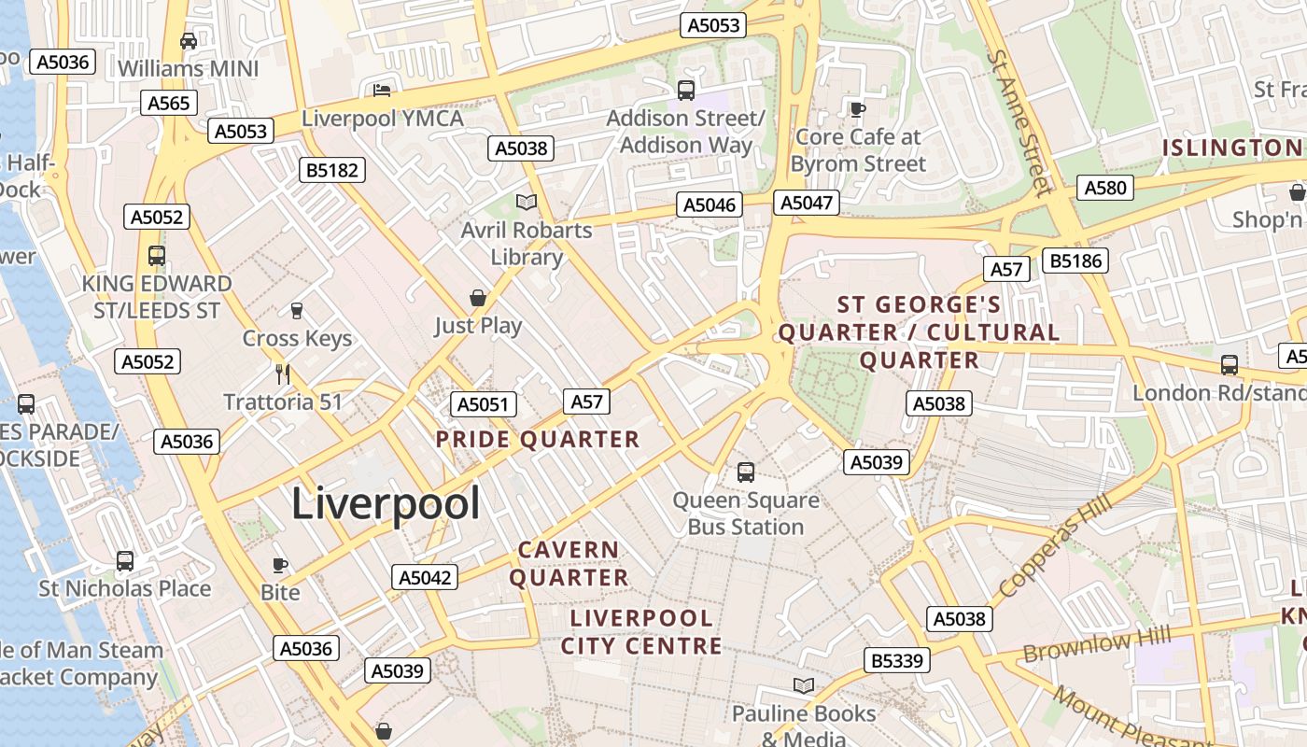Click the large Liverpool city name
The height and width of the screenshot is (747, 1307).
pyautogui.click(x=386, y=504)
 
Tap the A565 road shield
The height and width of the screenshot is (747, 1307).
pyautogui.click(x=169, y=103)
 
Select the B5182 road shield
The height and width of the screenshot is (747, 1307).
pyautogui.click(x=331, y=170)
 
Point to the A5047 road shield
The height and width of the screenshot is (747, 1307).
pyautogui.click(x=807, y=203)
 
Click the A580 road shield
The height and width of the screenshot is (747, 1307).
pyautogui.click(x=1106, y=188)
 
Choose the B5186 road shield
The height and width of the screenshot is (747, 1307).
pyautogui.click(x=1075, y=261)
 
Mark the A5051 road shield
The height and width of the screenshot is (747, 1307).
pyautogui.click(x=483, y=404)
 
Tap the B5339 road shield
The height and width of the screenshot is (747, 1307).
pyautogui.click(x=897, y=661)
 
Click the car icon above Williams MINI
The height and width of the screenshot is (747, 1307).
pyautogui.click(x=189, y=41)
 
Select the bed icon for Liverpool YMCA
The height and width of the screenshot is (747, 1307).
pyautogui.click(x=382, y=91)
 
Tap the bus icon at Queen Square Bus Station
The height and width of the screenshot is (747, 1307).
pyautogui.click(x=745, y=472)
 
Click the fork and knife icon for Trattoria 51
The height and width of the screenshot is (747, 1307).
pyautogui.click(x=283, y=374)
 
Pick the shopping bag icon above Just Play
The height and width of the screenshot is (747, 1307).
pyautogui.click(x=478, y=298)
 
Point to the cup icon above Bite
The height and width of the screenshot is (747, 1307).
pyautogui.click(x=279, y=565)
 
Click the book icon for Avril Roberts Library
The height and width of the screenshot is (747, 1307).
pyautogui.click(x=527, y=202)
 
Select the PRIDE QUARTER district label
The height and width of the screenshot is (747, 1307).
pyautogui.click(x=538, y=440)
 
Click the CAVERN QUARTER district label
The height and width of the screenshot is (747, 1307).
pyautogui.click(x=569, y=564)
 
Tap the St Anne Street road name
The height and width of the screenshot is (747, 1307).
pyautogui.click(x=1019, y=121)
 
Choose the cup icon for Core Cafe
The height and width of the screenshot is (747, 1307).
pyautogui.click(x=857, y=109)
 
